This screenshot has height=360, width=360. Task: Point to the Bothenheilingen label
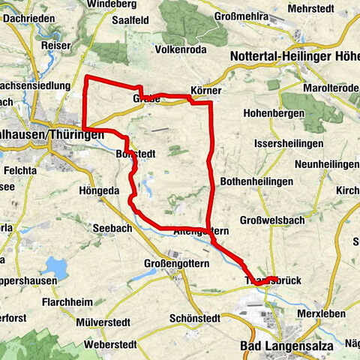253,182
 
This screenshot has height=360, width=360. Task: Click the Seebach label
110,227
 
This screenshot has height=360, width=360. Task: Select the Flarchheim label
68,301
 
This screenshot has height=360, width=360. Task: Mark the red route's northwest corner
88,78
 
